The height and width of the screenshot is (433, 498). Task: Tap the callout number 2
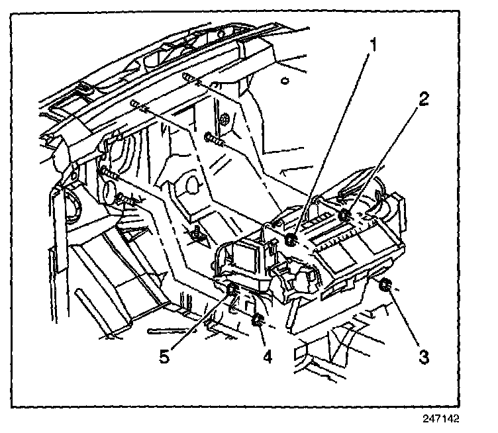pos(424,99)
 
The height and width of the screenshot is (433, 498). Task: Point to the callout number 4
pos(267,356)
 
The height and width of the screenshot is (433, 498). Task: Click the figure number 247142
pos(441,418)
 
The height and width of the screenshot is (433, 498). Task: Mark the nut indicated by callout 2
pos(344,215)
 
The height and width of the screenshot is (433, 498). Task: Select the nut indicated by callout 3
pos(385,286)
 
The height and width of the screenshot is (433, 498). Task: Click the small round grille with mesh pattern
pos(224,119)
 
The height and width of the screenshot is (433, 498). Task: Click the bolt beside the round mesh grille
pos(214,139)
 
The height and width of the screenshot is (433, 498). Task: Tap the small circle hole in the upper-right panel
pos(283,81)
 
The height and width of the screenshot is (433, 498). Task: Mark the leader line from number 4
pos(262,338)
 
